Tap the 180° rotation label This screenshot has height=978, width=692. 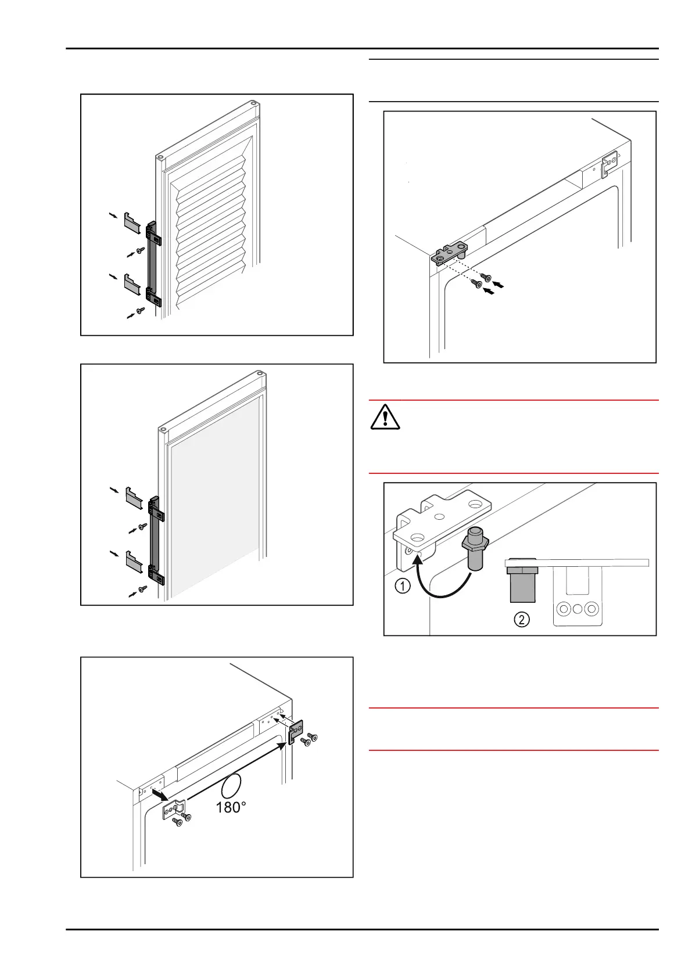point(231,807)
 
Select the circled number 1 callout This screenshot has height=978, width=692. point(403,586)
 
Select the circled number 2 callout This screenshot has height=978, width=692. point(521,619)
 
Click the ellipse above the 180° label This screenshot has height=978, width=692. point(231,786)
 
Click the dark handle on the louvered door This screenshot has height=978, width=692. point(153,264)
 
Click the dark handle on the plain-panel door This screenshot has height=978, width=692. point(155,540)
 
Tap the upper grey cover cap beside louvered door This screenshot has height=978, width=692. point(132,223)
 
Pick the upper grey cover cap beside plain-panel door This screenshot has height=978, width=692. point(134,497)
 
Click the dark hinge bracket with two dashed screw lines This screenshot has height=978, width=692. point(451,254)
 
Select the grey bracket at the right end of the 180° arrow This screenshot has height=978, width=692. point(296,732)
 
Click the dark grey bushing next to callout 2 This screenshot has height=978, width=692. point(522,583)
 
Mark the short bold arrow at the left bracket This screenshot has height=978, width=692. point(157,793)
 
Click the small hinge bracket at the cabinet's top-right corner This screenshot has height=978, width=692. point(608,164)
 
